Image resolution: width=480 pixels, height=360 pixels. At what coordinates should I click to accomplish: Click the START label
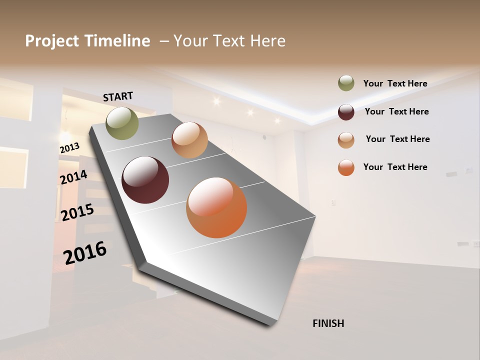(118, 96)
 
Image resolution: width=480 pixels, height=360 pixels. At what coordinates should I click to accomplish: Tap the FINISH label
(328, 323)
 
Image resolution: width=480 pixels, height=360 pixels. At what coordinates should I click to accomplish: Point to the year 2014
(74, 177)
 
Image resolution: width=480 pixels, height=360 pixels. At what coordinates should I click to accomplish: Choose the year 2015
(77, 212)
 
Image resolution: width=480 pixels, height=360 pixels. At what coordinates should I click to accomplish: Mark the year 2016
(85, 252)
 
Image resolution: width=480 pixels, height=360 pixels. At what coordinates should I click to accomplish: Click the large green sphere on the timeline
(122, 123)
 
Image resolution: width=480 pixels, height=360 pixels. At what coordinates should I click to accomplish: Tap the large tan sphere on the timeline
(189, 140)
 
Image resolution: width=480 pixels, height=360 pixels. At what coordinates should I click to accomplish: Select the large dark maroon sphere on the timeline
(145, 180)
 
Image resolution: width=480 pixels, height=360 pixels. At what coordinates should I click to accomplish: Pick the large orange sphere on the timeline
(216, 207)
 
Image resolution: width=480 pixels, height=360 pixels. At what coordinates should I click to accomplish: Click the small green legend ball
(346, 83)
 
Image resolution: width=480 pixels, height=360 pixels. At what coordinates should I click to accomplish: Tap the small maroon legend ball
(346, 112)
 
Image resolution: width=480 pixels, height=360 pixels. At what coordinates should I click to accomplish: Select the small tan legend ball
(346, 139)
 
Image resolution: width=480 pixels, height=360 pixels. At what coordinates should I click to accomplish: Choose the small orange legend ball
(346, 167)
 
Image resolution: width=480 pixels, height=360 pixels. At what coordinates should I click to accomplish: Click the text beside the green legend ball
(395, 83)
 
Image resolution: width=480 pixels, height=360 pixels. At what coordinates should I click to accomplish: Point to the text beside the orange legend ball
(395, 167)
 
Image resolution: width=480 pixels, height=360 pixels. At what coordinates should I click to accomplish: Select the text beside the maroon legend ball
(396, 111)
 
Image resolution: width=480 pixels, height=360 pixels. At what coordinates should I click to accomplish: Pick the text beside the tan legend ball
(397, 139)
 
